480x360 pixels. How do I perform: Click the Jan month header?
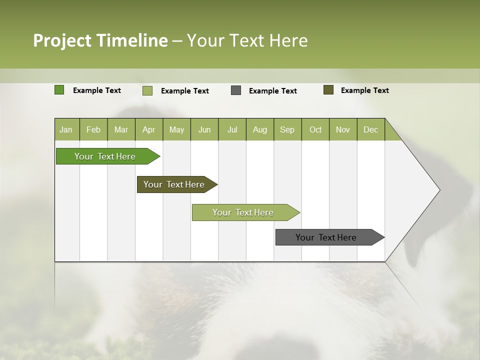tap(66, 129)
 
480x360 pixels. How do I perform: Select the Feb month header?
tap(93, 129)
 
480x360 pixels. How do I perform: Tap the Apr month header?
tap(148, 129)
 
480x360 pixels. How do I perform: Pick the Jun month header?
tap(204, 129)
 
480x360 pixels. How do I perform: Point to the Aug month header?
tap(259, 129)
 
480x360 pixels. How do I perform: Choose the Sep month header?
tap(287, 129)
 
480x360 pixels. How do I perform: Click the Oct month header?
tap(315, 129)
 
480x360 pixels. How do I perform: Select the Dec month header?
tap(370, 129)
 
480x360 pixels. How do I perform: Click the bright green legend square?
tap(59, 90)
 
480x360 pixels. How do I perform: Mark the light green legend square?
tap(147, 90)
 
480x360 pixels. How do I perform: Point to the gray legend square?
tap(236, 90)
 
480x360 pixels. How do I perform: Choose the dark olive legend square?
tap(328, 90)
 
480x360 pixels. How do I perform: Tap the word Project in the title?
tap(62, 40)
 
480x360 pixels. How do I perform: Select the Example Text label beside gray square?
tap(273, 90)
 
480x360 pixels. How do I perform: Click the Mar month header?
tap(121, 129)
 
